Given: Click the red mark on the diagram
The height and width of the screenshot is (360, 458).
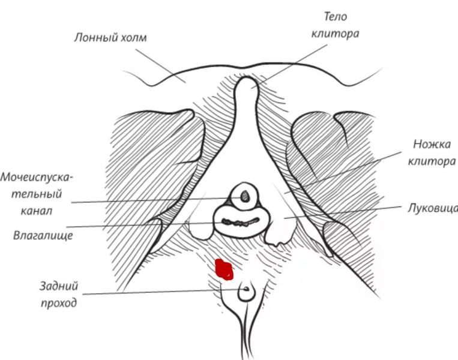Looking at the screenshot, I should (224, 269).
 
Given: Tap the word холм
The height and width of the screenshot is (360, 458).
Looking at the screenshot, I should (133, 38).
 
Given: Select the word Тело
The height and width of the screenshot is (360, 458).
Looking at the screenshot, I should (336, 17).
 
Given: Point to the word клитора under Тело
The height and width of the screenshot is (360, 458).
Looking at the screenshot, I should (335, 34).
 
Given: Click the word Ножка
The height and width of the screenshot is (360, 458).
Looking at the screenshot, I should (432, 144).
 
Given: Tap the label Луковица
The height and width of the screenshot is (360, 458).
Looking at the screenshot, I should (432, 208).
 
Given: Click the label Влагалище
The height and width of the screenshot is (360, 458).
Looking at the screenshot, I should (43, 235).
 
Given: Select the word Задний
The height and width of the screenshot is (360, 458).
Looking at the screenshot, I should (59, 286).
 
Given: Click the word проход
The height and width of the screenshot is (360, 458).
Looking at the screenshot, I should (59, 303).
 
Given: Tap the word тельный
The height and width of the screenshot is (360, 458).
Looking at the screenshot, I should (39, 194).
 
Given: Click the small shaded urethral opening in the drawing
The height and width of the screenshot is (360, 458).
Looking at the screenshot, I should (244, 195).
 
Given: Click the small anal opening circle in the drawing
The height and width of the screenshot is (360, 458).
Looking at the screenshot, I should (246, 293).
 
